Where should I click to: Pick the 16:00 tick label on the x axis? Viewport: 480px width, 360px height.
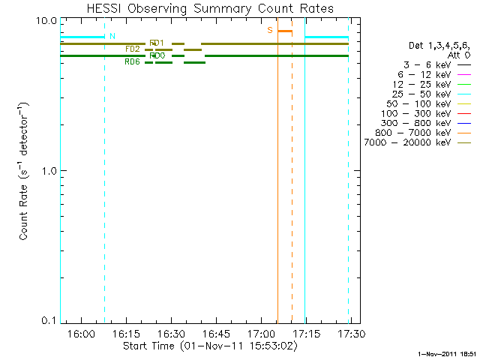(82, 332)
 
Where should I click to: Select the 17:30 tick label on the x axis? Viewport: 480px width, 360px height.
(350, 332)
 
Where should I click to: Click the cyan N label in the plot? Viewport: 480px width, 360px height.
(112, 35)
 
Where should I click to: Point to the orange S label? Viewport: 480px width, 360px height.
(270, 30)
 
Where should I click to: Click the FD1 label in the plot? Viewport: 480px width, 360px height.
(157, 43)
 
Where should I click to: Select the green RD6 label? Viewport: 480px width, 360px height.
(132, 62)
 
